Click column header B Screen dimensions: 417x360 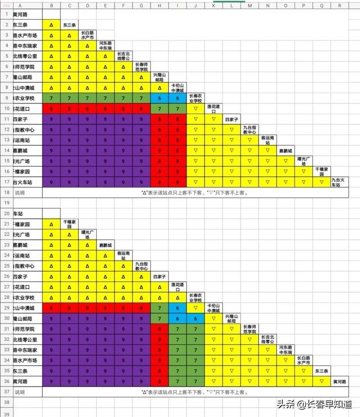pyautogui.click(x=51, y=5)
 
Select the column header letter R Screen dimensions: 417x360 pyautogui.click(x=339, y=5)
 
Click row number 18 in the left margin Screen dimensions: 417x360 pyautogui.click(x=6, y=192)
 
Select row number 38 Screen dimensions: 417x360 pyautogui.click(x=6, y=403)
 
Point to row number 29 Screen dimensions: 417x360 pyautogui.click(x=6, y=308)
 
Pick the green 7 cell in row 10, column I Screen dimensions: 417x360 pyautogui.click(x=178, y=109)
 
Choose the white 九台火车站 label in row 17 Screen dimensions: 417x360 pyautogui.click(x=339, y=182)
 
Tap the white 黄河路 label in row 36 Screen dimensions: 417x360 pyautogui.click(x=339, y=382)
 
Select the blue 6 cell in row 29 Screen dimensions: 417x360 pyautogui.click(x=178, y=308)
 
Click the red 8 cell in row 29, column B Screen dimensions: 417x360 pyautogui.click(x=51, y=308)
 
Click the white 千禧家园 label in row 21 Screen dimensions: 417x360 pyautogui.click(x=69, y=224)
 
